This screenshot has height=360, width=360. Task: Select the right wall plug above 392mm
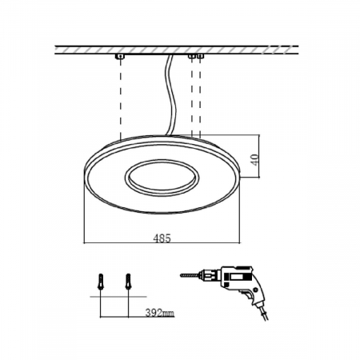click(x=127, y=282)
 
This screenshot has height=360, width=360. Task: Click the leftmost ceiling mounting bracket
click(x=120, y=58)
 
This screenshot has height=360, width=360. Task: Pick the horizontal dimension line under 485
click(x=120, y=242)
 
